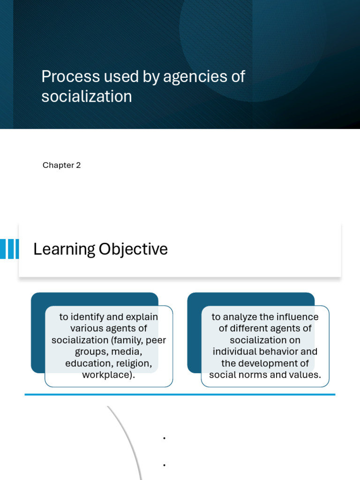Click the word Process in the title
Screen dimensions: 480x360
point(71,77)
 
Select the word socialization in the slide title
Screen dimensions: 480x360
point(86,97)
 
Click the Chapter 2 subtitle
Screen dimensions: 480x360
point(61,165)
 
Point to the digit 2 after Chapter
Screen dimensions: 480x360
point(78,165)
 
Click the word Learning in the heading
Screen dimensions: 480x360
point(64,249)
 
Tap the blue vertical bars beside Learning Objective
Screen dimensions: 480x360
point(9,249)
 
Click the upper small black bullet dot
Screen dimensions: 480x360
point(165,438)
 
